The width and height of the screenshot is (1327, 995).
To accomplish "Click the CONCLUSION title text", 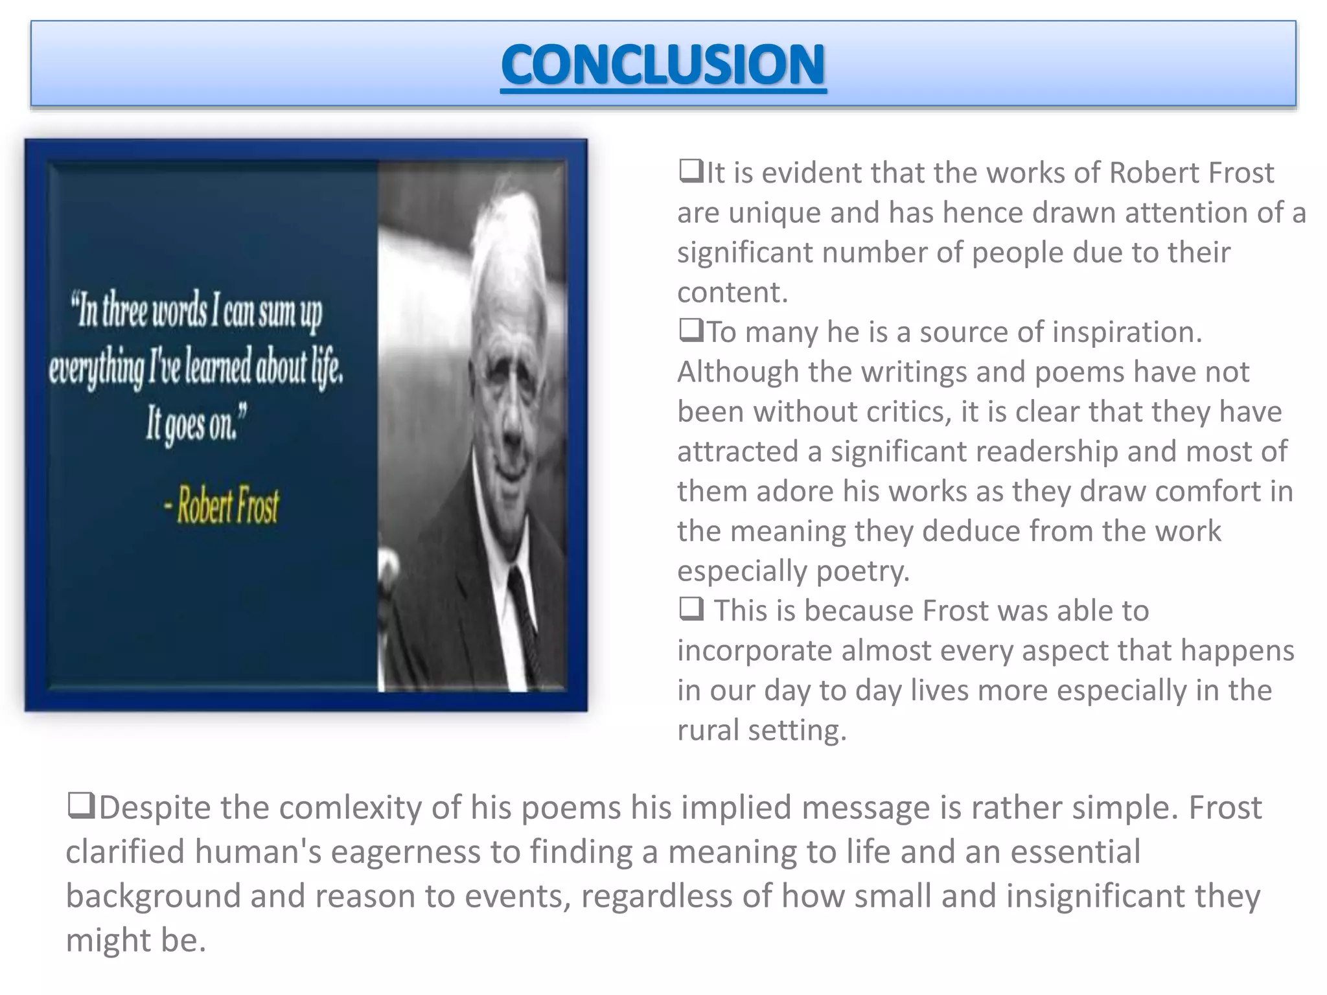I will click(663, 65).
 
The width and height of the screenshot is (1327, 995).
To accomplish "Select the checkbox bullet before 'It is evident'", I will click(691, 172).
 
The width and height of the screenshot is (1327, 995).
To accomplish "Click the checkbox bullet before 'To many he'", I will click(691, 331).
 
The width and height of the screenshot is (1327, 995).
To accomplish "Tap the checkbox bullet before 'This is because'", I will click(691, 610).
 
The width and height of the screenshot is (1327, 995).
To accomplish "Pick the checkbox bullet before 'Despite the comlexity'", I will click(81, 806).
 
